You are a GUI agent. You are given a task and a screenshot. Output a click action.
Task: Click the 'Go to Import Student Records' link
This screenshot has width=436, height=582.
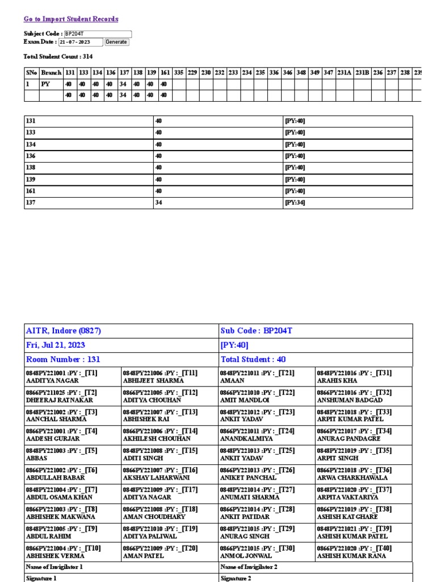pos(71,19)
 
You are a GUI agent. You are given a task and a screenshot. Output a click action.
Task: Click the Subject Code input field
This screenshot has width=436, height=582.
pos(98,34)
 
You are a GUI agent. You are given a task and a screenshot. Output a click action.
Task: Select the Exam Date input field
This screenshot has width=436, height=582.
pos(80,42)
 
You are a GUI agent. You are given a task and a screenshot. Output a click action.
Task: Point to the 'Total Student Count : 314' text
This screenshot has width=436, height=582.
pos(58,57)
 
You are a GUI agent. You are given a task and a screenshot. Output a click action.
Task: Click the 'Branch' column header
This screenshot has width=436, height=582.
pos(51,73)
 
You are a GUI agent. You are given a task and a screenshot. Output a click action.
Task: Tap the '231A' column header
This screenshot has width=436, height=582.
pos(344,73)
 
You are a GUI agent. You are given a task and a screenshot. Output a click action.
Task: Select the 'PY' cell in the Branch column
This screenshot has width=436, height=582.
pos(46,84)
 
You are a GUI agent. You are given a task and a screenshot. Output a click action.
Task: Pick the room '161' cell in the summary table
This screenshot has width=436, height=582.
pos(31,192)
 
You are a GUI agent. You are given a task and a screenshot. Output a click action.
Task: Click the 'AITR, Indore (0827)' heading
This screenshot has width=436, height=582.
pos(64,331)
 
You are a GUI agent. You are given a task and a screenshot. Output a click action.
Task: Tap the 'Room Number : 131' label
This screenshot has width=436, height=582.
pos(63,359)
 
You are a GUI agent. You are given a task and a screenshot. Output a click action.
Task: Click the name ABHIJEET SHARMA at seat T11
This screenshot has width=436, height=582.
pos(150,381)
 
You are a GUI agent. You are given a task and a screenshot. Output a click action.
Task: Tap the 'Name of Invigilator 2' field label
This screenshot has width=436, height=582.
pos(248,567)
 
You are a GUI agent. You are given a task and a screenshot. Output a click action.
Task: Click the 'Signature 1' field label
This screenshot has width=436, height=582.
pos(41,578)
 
